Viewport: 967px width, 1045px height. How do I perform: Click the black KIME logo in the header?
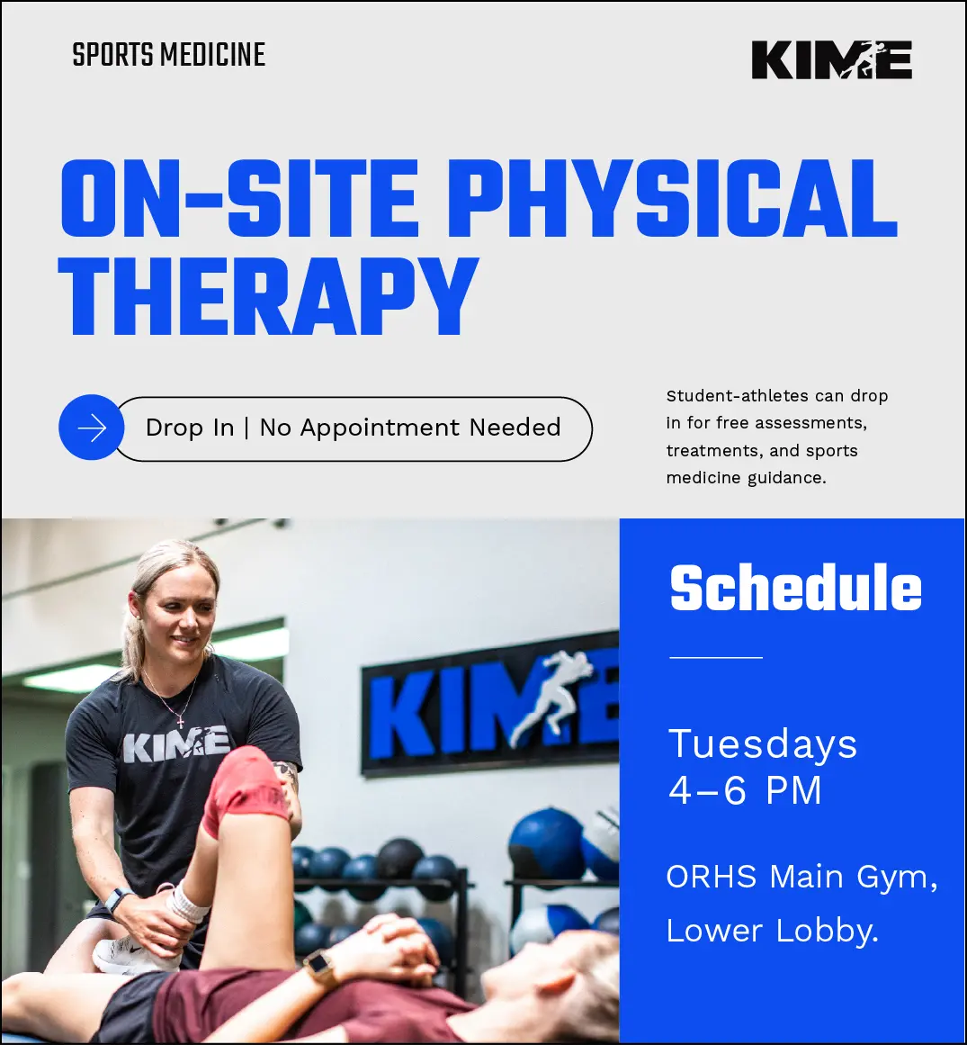[832, 60]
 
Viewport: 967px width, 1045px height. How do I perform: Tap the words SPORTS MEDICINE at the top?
[168, 55]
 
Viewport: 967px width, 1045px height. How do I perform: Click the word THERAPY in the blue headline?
[268, 297]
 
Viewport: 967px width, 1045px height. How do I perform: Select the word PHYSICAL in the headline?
[673, 199]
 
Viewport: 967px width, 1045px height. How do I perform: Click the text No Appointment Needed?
[410, 428]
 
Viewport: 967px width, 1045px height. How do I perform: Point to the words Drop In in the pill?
[190, 428]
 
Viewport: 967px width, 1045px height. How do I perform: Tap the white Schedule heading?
[796, 587]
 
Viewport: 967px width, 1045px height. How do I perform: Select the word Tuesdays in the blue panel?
[763, 744]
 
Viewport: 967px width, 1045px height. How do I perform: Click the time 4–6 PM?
[745, 791]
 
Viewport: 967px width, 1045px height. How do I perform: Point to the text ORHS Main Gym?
[801, 877]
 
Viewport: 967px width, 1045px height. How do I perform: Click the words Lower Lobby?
[773, 931]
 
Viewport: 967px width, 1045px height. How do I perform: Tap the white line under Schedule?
[716, 657]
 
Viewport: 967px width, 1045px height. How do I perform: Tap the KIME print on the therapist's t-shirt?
[176, 744]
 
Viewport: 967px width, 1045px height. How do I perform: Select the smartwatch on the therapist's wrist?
[116, 900]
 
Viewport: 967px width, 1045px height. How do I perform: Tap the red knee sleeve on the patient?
[245, 789]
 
